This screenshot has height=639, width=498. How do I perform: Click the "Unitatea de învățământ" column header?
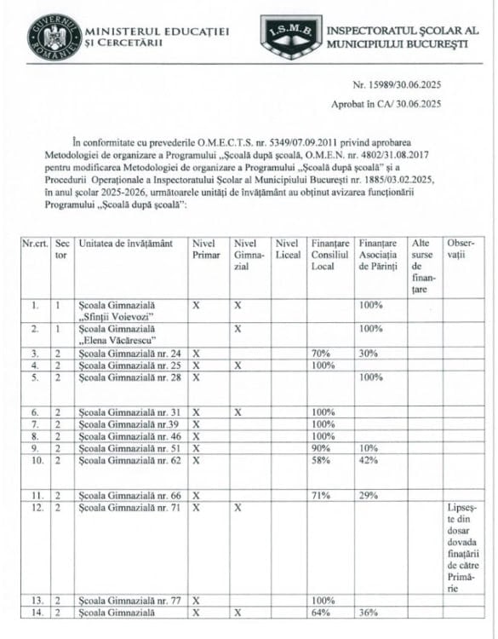[125, 244]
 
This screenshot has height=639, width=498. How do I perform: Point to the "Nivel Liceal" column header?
[288, 249]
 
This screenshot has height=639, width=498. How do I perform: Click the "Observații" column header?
[459, 249]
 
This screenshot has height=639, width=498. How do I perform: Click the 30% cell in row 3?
[368, 353]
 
